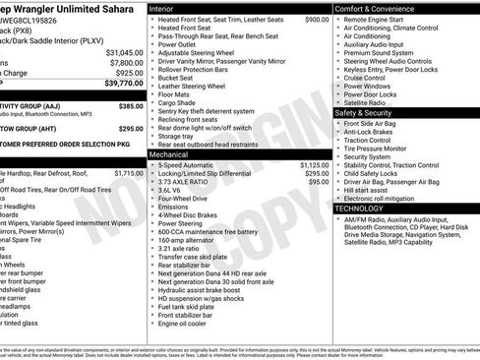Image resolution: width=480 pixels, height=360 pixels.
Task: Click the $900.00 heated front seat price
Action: point(317,20)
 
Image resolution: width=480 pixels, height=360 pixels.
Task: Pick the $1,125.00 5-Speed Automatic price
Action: point(313,165)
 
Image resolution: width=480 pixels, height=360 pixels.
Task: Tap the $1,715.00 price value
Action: point(128,173)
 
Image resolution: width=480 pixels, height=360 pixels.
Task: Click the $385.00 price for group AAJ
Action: point(130,105)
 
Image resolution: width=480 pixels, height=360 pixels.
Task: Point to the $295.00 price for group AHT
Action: point(130,129)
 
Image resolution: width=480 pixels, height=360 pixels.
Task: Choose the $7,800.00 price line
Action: point(125,62)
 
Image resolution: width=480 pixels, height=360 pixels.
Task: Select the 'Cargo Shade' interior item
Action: point(177,102)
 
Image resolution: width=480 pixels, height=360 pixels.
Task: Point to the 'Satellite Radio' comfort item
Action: point(367,102)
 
